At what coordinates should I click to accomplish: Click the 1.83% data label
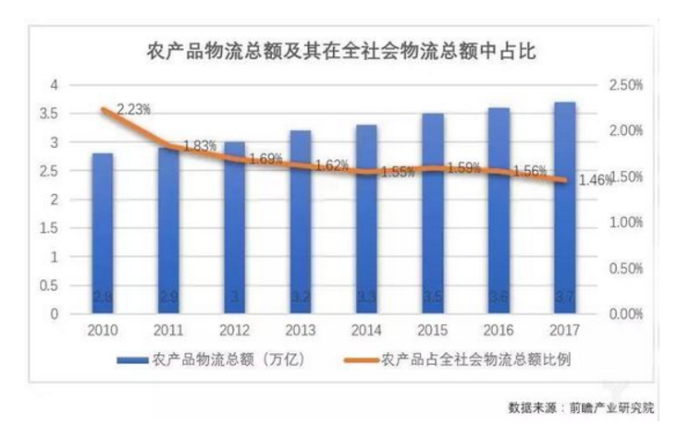click(x=200, y=145)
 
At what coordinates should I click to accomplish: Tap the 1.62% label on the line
click(x=331, y=166)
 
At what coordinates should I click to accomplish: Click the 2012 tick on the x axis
click(x=234, y=330)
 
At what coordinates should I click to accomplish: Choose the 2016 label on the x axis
click(x=498, y=330)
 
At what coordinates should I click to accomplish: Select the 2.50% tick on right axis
click(x=626, y=85)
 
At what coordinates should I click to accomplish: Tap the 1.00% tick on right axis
click(x=626, y=223)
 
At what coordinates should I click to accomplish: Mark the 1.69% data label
click(x=266, y=159)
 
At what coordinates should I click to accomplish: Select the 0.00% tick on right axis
click(x=626, y=314)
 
